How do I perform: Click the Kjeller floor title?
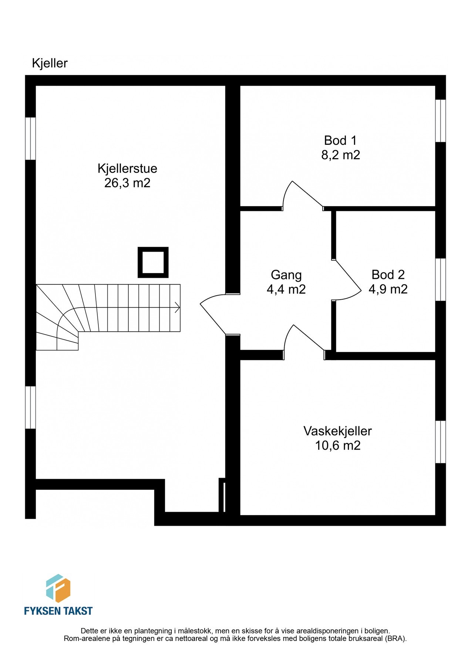tap(50, 63)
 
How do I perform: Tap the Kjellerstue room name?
tap(127, 168)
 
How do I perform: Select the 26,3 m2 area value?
tap(127, 183)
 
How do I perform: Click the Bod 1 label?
tap(340, 140)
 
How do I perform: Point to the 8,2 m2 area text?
tap(340, 155)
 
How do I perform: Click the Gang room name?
tap(286, 275)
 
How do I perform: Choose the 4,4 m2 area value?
tap(286, 289)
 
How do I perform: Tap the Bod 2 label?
tap(388, 274)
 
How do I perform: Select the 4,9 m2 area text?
tap(388, 289)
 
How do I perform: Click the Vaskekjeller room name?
tap(337, 431)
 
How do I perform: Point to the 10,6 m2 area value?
tap(337, 446)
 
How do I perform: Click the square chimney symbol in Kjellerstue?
tap(153, 262)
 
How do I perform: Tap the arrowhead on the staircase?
tap(177, 307)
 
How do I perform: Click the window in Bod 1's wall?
tap(440, 121)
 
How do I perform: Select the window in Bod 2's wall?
tap(440, 280)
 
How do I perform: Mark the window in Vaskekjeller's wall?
tap(440, 442)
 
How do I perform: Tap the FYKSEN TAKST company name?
tap(58, 611)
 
